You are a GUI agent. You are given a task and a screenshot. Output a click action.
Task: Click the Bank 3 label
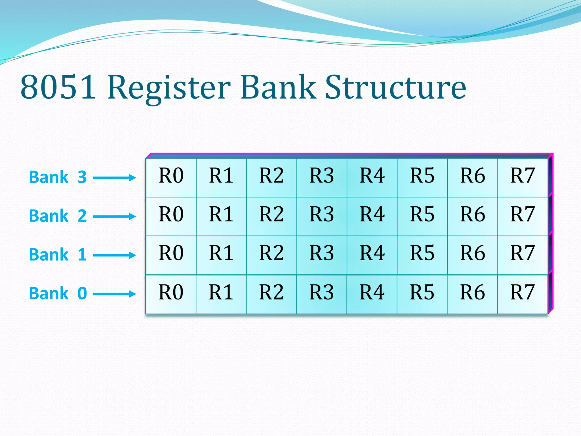(58, 177)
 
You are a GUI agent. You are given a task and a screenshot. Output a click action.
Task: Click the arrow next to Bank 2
(115, 216)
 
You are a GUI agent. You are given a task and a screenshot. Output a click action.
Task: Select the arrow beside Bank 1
(115, 255)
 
